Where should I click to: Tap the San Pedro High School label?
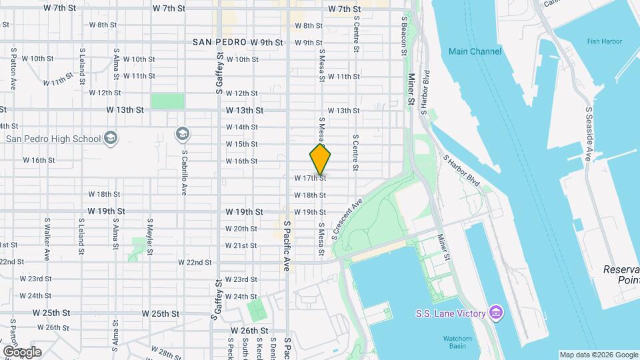tap(53, 139)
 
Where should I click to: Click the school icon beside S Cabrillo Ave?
tap(182, 134)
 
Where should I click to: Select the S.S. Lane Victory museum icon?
tap(495, 313)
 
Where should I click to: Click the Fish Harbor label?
tap(604, 41)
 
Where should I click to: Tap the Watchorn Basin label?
tap(457, 343)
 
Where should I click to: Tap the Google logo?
tap(21, 351)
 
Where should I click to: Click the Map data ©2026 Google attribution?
tap(598, 355)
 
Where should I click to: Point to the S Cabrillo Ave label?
tap(184, 171)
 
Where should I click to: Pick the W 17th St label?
tap(309, 178)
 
